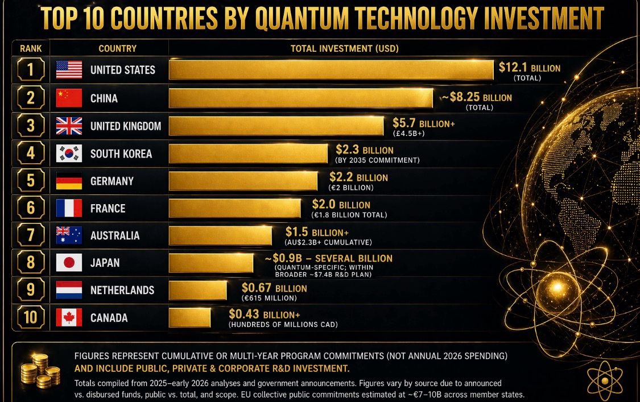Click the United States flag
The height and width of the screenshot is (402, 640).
coord(69,70)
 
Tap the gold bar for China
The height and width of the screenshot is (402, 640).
coord(301,98)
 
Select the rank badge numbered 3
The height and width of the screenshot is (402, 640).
coord(30,126)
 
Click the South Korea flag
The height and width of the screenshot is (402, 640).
coord(69,154)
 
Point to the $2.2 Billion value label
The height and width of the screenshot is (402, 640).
coord(358,177)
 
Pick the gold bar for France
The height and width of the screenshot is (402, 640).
coord(235,208)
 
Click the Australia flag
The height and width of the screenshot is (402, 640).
coord(69,235)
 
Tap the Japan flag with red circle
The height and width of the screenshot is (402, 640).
coord(69,263)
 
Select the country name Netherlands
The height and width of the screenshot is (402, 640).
coord(122,290)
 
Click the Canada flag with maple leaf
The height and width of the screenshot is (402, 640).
coord(69,317)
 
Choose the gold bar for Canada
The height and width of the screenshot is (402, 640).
coord(190,317)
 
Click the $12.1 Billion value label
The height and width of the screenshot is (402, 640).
coord(529,68)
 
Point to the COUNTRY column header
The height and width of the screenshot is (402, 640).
coord(117,48)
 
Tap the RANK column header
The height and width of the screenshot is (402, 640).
coord(31,48)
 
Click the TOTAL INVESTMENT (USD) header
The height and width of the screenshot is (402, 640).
coord(344,48)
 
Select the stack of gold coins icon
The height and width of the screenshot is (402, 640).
coord(40,370)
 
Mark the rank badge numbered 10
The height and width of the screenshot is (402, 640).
coord(30,317)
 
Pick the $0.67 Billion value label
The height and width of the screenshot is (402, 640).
coord(274,288)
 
